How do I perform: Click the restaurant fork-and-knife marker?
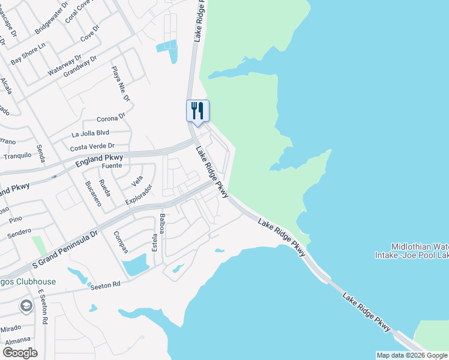pyautogui.click(x=197, y=111)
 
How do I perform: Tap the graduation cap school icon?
pyautogui.click(x=26, y=307)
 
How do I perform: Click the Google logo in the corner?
pyautogui.click(x=19, y=353)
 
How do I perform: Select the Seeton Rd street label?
pyautogui.click(x=106, y=286)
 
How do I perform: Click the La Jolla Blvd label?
pyautogui.click(x=90, y=133)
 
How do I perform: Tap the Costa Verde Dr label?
pyautogui.click(x=92, y=146)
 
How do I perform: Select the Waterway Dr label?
pyautogui.click(x=65, y=65)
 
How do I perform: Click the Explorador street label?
pyautogui.click(x=139, y=194)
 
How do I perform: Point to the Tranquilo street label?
pyautogui.click(x=17, y=155)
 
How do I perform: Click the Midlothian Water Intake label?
pyautogui.click(x=419, y=251)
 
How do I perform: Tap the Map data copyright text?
pyautogui.click(x=411, y=355)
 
